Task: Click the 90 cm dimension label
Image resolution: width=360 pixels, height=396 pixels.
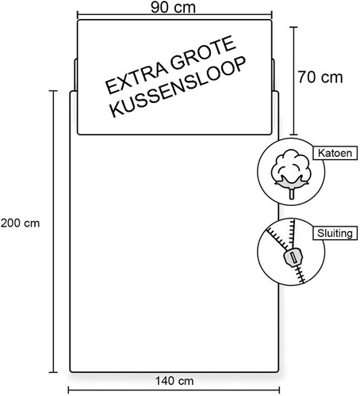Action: [173, 8]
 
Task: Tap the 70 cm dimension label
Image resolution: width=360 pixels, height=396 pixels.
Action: [320, 78]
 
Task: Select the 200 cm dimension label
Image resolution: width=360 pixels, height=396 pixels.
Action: [20, 223]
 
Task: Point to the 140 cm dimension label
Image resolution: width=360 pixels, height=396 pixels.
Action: [174, 381]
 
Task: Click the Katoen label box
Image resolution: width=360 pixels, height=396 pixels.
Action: [335, 153]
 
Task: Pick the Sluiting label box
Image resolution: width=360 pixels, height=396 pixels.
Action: [335, 233]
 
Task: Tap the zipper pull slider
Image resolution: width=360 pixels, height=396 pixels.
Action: [292, 258]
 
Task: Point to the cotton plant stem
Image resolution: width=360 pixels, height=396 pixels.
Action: [291, 193]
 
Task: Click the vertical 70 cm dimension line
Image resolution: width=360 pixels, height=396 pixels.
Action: [294, 81]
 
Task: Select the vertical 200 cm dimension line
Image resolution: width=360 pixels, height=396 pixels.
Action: [54, 231]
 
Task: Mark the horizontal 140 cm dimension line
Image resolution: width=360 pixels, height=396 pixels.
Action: [174, 390]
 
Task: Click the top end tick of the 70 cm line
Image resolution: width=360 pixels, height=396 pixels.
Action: [294, 27]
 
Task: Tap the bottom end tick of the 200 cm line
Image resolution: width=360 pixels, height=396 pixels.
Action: [54, 372]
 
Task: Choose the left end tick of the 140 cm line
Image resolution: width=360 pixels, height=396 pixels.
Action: [69, 390]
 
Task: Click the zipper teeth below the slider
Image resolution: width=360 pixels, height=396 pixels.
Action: [301, 275]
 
